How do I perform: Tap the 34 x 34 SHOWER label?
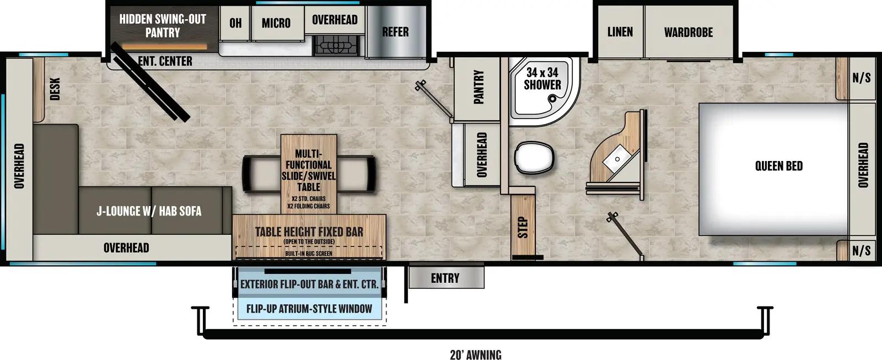click(x=542, y=79)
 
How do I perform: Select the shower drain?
click(x=553, y=99)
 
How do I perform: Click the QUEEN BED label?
click(x=778, y=166)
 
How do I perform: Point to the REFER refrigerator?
click(x=395, y=32)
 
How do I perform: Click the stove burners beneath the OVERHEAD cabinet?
click(x=336, y=45)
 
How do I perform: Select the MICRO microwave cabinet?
click(x=276, y=23)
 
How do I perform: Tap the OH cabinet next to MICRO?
click(x=235, y=23)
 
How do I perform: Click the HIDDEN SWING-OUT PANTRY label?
click(x=163, y=26)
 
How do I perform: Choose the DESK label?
click(x=55, y=89)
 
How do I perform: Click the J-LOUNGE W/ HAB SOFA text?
click(x=149, y=211)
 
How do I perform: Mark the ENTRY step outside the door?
click(x=445, y=278)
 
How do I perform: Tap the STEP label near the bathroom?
click(x=523, y=227)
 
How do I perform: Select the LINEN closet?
click(x=620, y=32)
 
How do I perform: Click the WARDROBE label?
click(x=688, y=33)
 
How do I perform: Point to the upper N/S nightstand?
click(x=861, y=78)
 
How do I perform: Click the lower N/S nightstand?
click(x=861, y=251)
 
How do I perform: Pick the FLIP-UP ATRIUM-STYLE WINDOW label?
click(x=309, y=309)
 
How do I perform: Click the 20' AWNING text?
click(x=475, y=354)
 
